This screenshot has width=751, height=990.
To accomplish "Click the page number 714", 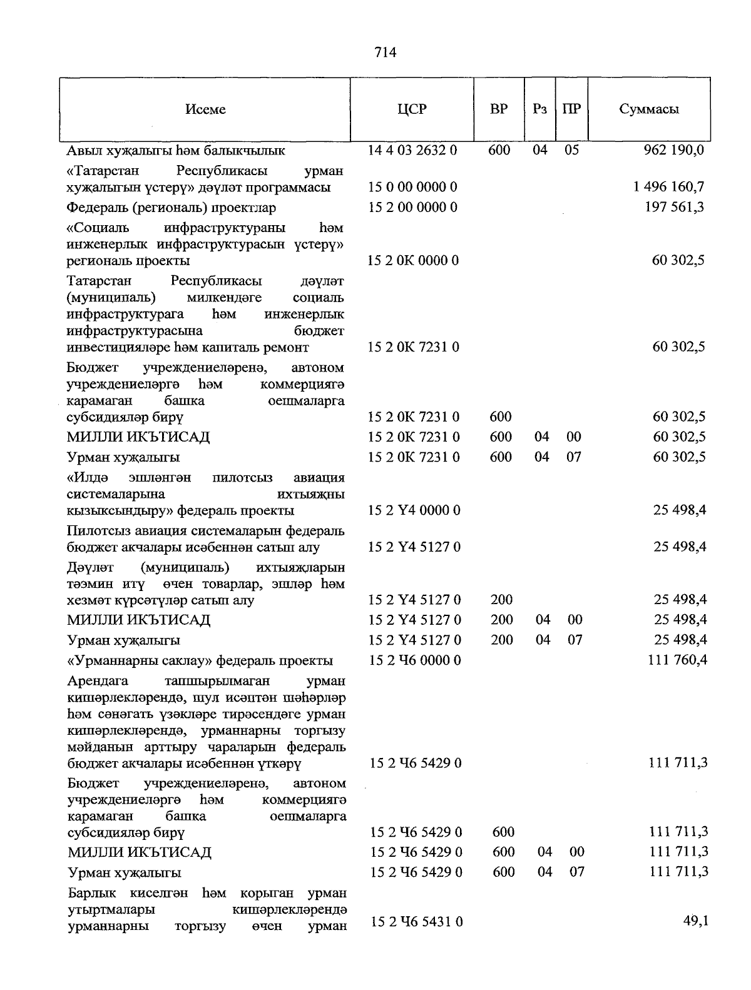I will pos(386,53).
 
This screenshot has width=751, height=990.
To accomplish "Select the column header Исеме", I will pos(205,109).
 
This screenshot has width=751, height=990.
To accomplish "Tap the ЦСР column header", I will pos(412,109).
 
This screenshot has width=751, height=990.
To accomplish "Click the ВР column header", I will pos(499,109).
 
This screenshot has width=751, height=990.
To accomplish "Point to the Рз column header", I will pos(540,109).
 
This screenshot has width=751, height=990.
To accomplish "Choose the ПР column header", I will pos(571,109).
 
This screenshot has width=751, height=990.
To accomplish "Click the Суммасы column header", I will pos(649,109).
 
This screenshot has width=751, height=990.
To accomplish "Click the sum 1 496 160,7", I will pos(668,187).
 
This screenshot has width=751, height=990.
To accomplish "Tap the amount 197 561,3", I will pos(674,207).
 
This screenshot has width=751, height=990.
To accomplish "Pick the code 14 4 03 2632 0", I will pos(412,150).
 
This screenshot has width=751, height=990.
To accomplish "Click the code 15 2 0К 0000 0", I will pos(413,260).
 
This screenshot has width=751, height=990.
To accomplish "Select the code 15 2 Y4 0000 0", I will pos(414,510).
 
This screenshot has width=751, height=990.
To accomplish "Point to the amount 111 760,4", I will pos(676,660).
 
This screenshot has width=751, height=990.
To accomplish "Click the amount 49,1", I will pos(695,921).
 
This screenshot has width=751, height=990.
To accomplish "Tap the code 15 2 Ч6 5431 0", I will pos(416,922).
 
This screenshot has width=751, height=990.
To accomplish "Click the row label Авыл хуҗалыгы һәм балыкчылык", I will pos(176,151).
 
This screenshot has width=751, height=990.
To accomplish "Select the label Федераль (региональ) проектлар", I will pos(171,207).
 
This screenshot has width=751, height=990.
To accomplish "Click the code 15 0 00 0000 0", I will pos(412,187).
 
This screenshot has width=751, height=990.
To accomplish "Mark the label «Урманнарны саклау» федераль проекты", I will pos(200,660).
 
